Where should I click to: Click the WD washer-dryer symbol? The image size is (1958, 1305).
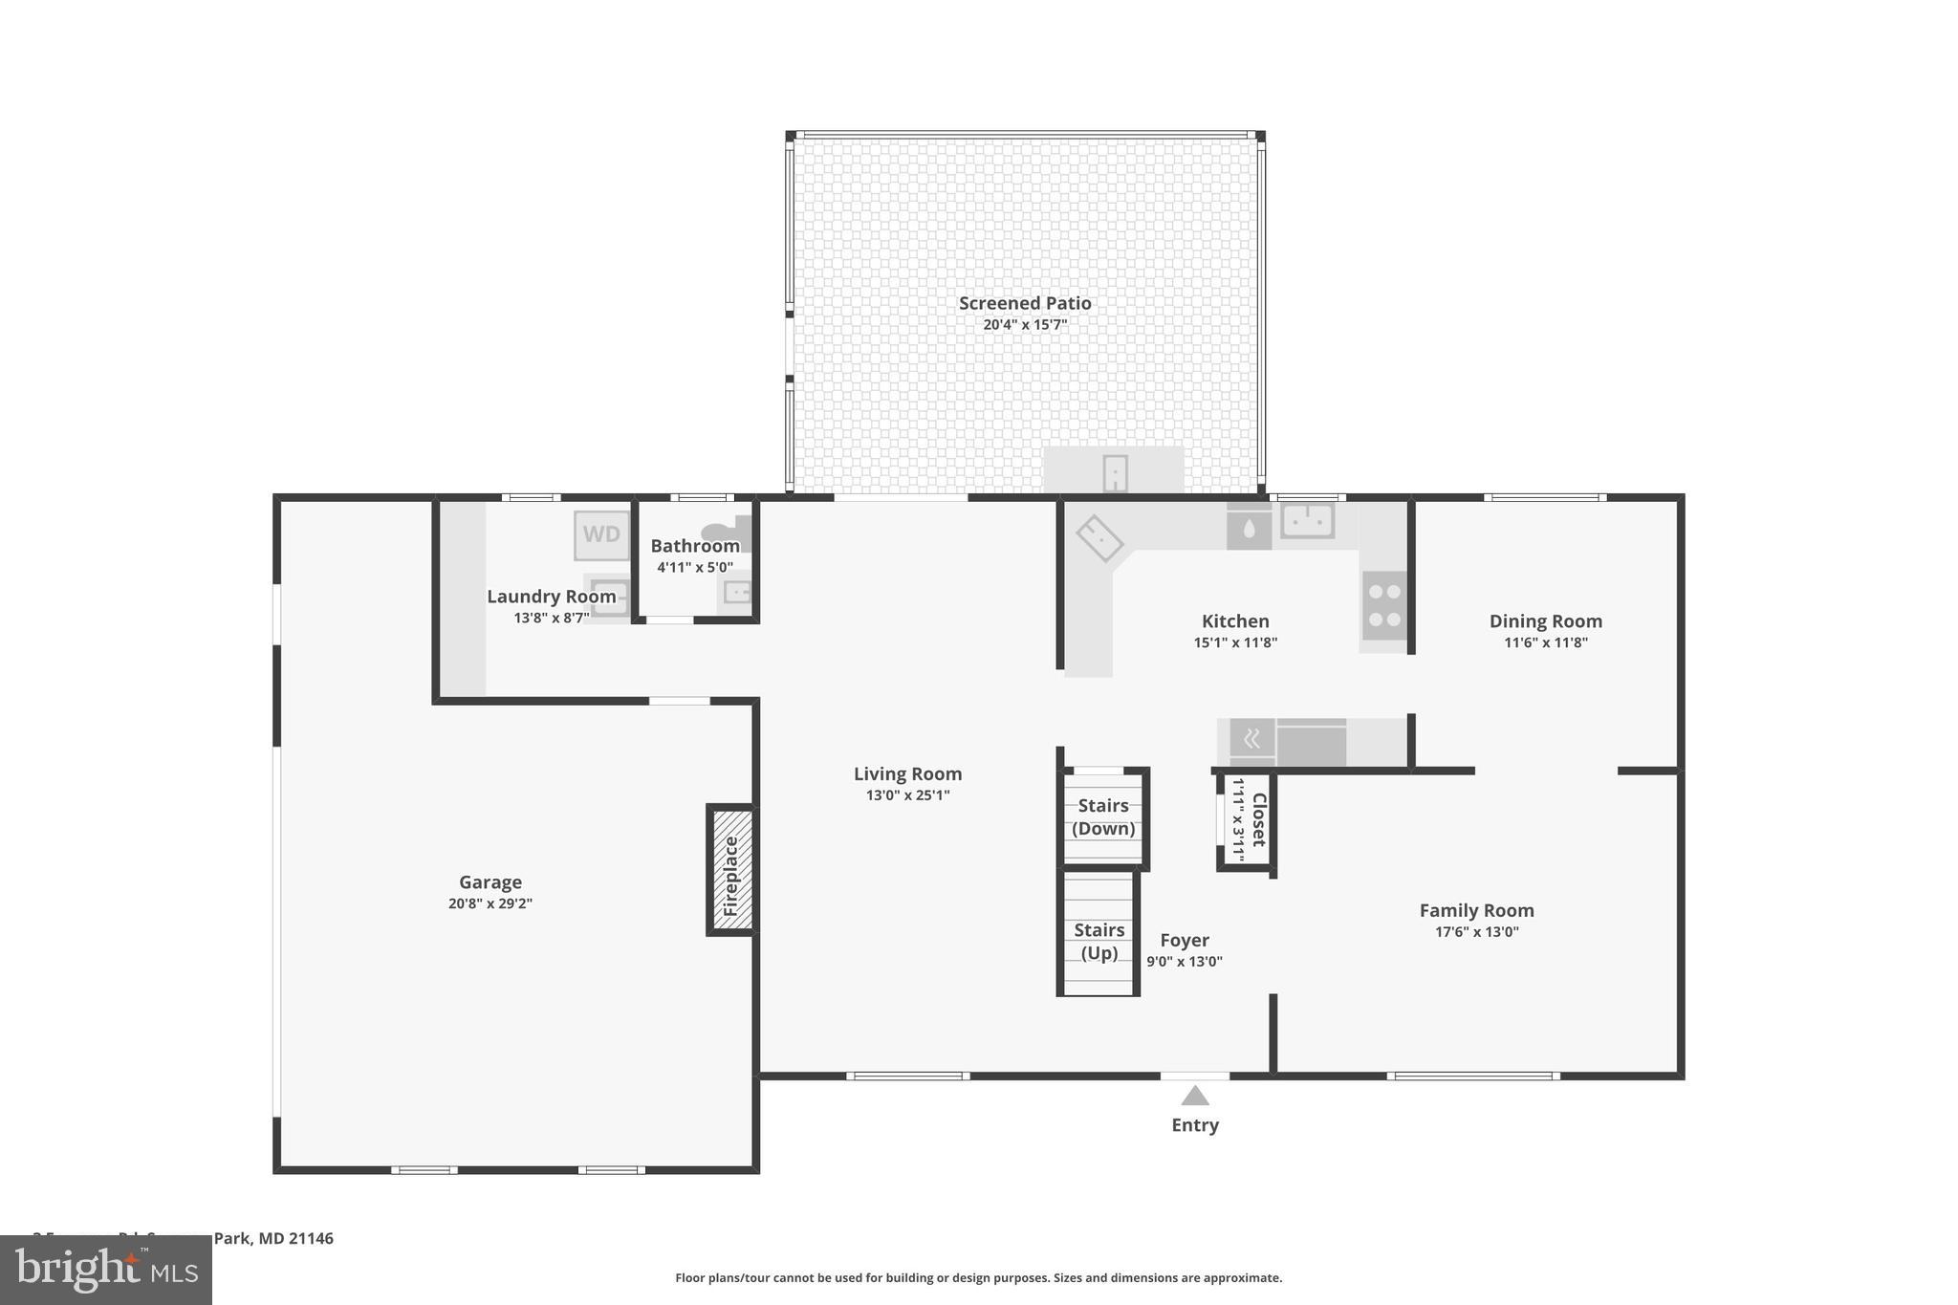[x=601, y=535]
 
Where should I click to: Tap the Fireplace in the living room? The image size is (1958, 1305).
[x=731, y=870]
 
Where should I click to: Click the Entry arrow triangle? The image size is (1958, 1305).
[x=1195, y=1096]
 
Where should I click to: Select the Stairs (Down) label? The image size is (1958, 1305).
[x=1103, y=817]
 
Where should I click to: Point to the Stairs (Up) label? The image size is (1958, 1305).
[x=1099, y=942]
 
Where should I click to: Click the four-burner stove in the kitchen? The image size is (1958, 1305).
[x=1383, y=605]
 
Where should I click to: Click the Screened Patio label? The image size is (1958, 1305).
[x=1025, y=303]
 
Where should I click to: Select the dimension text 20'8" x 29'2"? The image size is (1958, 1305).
[x=489, y=903]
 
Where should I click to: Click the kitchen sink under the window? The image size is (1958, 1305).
[x=1307, y=521]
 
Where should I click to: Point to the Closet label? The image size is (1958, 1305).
[x=1258, y=819]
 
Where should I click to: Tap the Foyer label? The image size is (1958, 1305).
[x=1185, y=940]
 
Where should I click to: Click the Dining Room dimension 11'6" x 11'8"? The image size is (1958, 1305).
[x=1545, y=642]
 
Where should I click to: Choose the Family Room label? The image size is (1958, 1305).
[x=1476, y=910]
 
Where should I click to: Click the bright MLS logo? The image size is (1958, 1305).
[x=106, y=1271]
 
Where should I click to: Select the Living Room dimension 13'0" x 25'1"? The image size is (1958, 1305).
[x=907, y=795]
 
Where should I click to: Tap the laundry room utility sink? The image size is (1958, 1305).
[x=609, y=598]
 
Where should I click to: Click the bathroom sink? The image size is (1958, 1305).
[x=737, y=593]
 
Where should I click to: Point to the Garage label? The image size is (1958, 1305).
[x=489, y=881]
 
